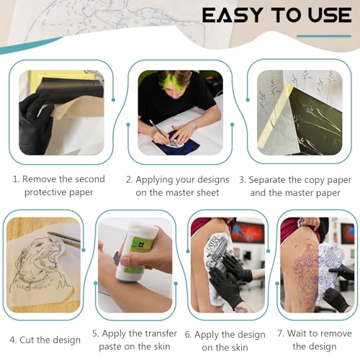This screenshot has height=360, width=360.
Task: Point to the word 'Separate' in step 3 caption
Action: pyautogui.click(x=274, y=179)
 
